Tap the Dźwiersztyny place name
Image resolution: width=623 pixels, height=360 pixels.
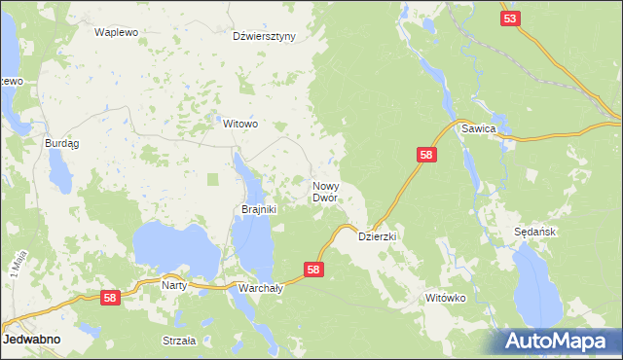coord(264,37)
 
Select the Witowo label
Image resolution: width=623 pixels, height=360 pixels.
coord(240,125)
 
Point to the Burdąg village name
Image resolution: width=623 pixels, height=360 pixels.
coord(62,143)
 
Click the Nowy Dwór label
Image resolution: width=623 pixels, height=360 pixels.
coord(325,191)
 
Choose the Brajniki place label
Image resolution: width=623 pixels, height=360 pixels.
coord(260,208)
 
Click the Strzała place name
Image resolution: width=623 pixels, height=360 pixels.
coord(179,341)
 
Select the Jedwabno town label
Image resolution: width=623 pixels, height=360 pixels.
coord(32,341)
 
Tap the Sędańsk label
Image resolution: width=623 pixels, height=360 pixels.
coord(533,233)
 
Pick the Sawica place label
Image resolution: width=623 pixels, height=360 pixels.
coord(480,128)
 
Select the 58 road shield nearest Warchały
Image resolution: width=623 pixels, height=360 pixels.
coord(313,270)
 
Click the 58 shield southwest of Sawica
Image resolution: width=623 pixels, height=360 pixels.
coord(426,155)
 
